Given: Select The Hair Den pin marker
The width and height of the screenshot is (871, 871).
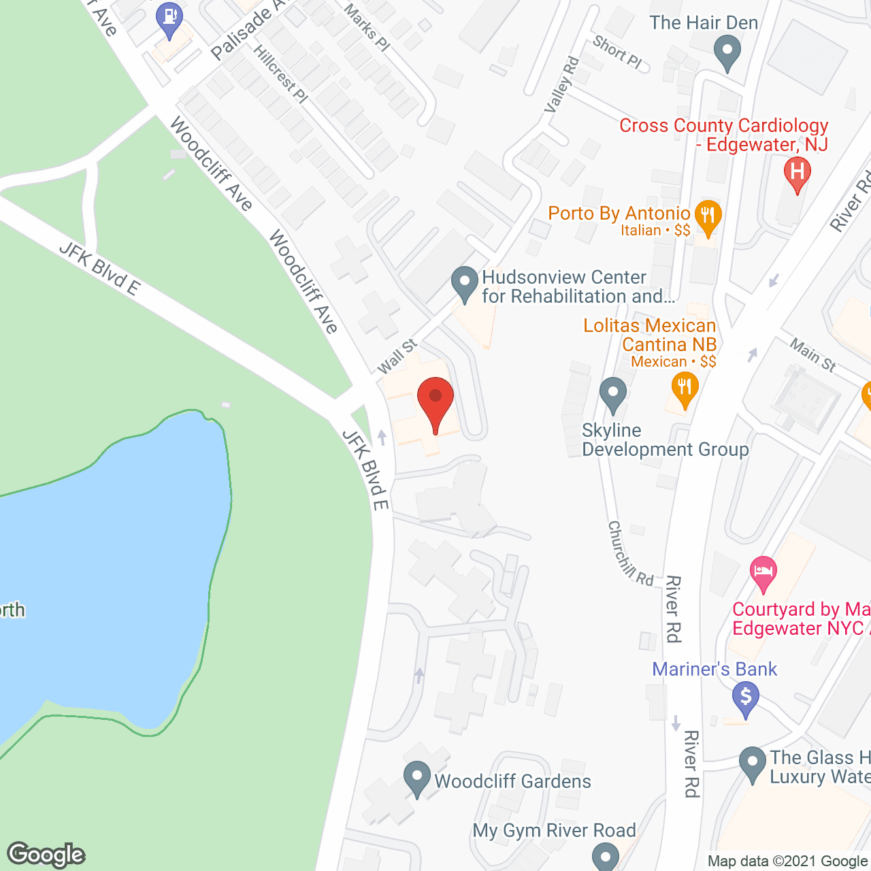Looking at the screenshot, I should pos(727,52).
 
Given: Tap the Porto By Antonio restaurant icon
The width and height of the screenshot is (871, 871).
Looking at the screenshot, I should pos(708,217).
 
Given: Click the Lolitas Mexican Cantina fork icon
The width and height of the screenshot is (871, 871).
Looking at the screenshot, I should pos(685,389).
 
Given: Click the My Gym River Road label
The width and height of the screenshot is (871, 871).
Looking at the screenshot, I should pos(554,830).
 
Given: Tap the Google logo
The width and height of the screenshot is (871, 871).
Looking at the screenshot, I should pos(46,855).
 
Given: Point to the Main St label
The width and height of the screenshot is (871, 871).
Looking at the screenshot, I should pos(812,355).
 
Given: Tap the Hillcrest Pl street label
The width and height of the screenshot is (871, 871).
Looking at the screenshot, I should pos(280,74).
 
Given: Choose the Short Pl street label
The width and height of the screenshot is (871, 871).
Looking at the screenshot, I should pos(617,52).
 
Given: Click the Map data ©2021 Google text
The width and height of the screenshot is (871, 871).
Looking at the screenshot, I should pos(787,861).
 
